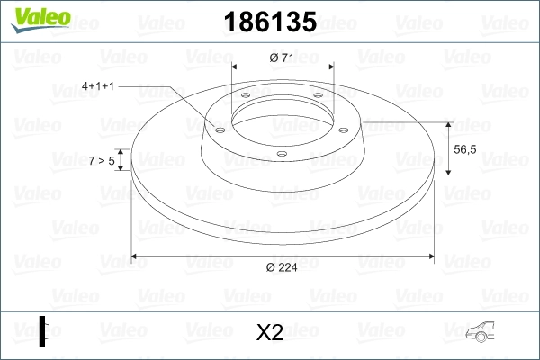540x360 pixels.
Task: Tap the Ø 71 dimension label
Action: [283, 58]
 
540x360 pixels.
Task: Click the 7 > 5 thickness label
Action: [102, 160]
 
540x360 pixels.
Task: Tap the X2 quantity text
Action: [269, 333]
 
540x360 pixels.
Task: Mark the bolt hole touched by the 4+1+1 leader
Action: [217, 128]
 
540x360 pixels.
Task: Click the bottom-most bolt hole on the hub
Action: [282, 154]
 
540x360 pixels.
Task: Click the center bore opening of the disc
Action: [282, 117]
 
